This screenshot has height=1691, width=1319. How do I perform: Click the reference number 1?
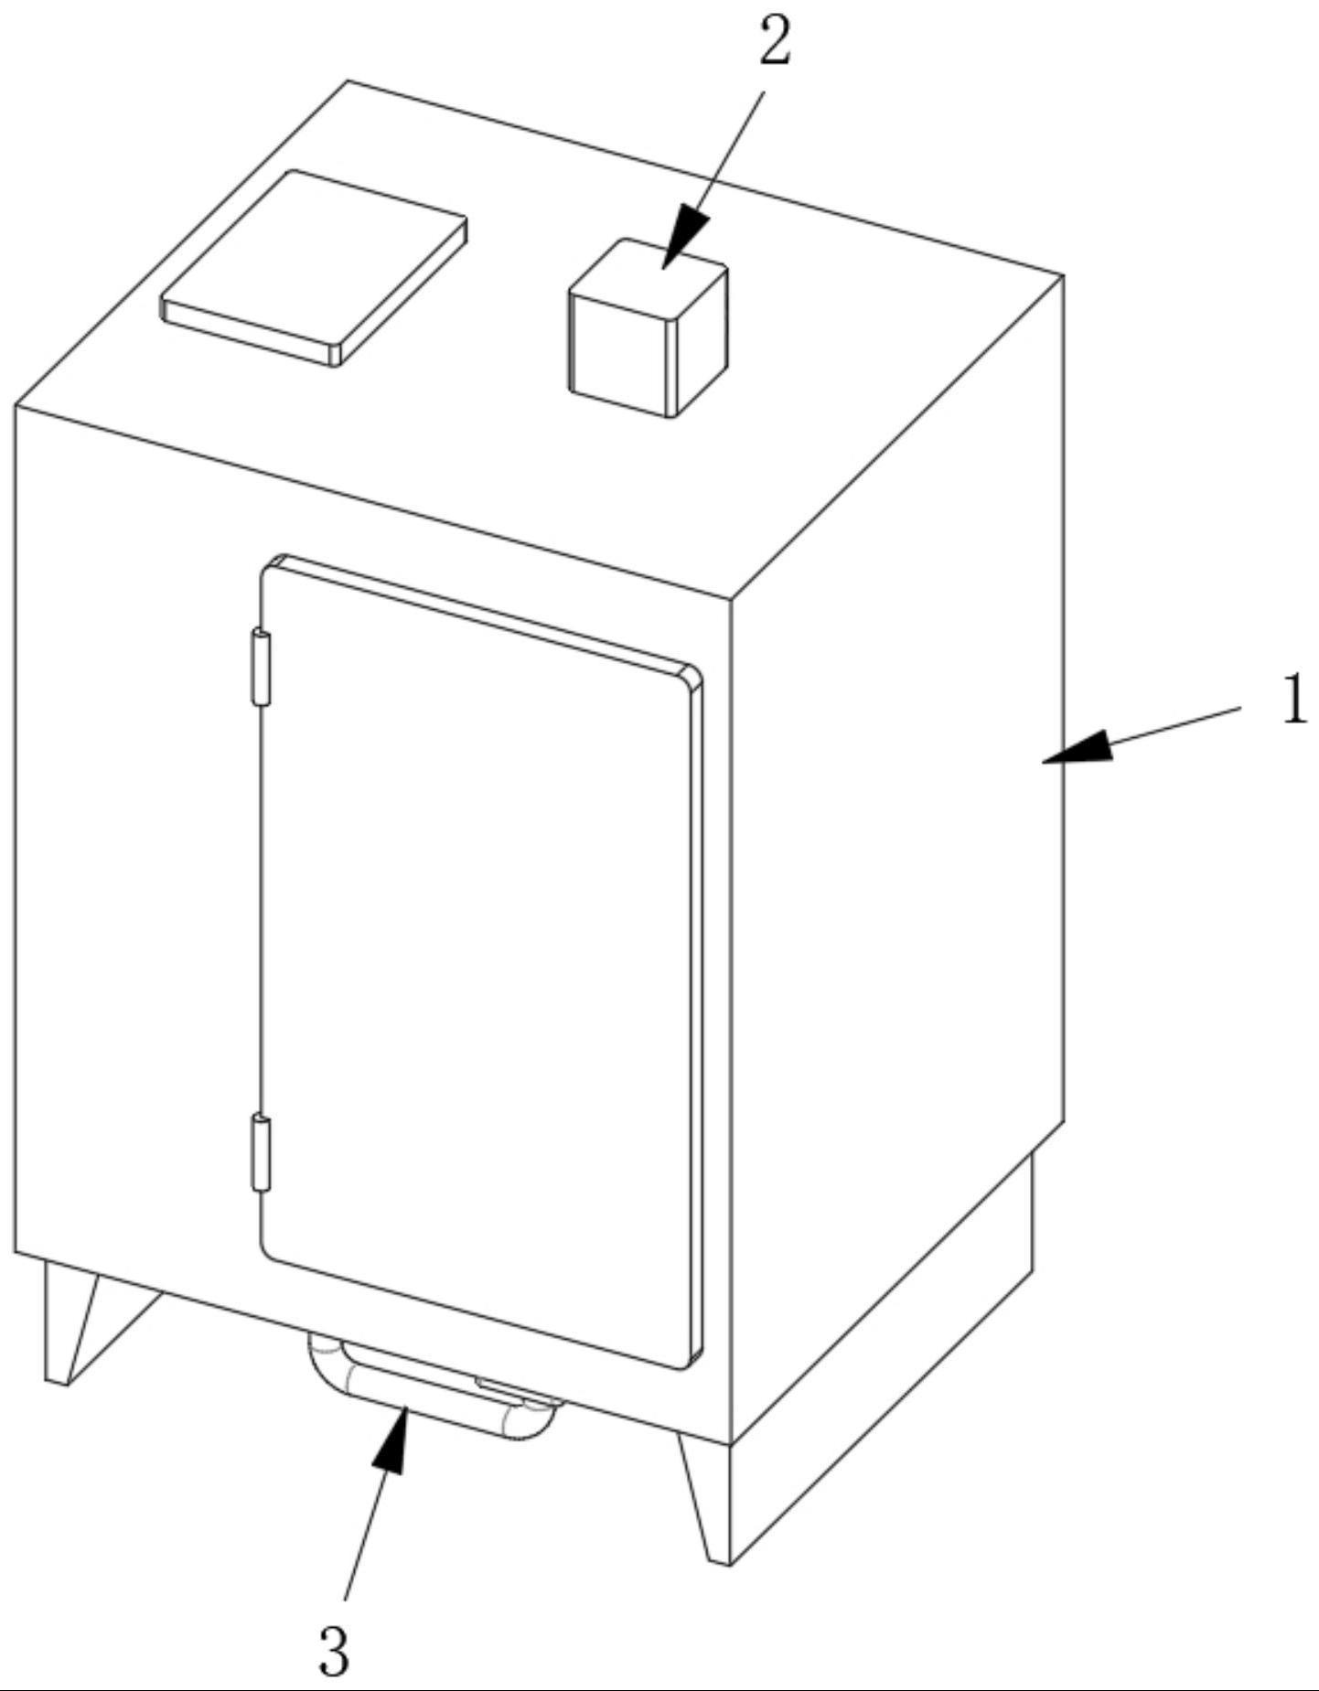click(1293, 700)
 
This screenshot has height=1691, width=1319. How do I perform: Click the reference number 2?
click(774, 44)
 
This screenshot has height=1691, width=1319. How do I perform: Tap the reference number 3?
click(335, 1652)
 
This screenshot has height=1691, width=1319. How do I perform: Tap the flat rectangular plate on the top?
click(314, 265)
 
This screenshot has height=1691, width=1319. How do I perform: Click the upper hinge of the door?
click(262, 667)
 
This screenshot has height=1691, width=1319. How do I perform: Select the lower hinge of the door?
click(262, 1153)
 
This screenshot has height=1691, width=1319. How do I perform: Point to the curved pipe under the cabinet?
click(430, 1391)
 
